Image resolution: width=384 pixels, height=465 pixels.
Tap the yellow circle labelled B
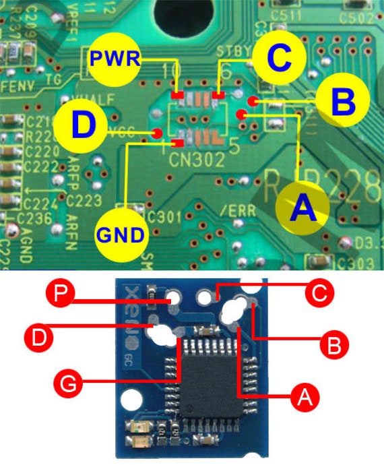point(342,102)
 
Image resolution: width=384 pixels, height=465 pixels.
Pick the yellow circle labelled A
point(302,207)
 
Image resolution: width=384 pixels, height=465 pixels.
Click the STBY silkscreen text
point(234,51)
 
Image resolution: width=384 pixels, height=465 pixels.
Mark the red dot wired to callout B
point(251,101)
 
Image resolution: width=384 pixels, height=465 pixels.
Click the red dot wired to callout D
point(156,133)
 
